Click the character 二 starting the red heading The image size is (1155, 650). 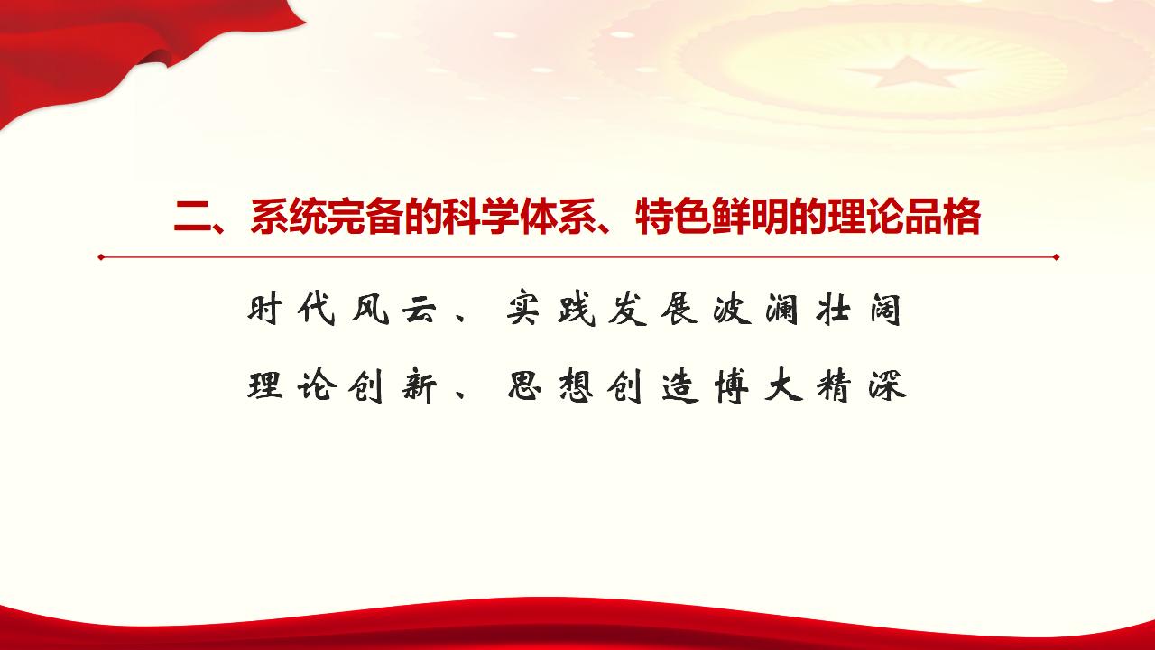(193, 218)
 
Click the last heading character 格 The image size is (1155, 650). (962, 218)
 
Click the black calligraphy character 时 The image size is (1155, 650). (265, 309)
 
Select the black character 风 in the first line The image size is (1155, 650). (370, 310)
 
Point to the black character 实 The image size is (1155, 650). (524, 310)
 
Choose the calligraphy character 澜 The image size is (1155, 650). (782, 310)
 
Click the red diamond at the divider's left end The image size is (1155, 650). (102, 257)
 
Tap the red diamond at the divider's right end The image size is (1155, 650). (1056, 257)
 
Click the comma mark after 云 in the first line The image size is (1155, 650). (461, 317)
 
